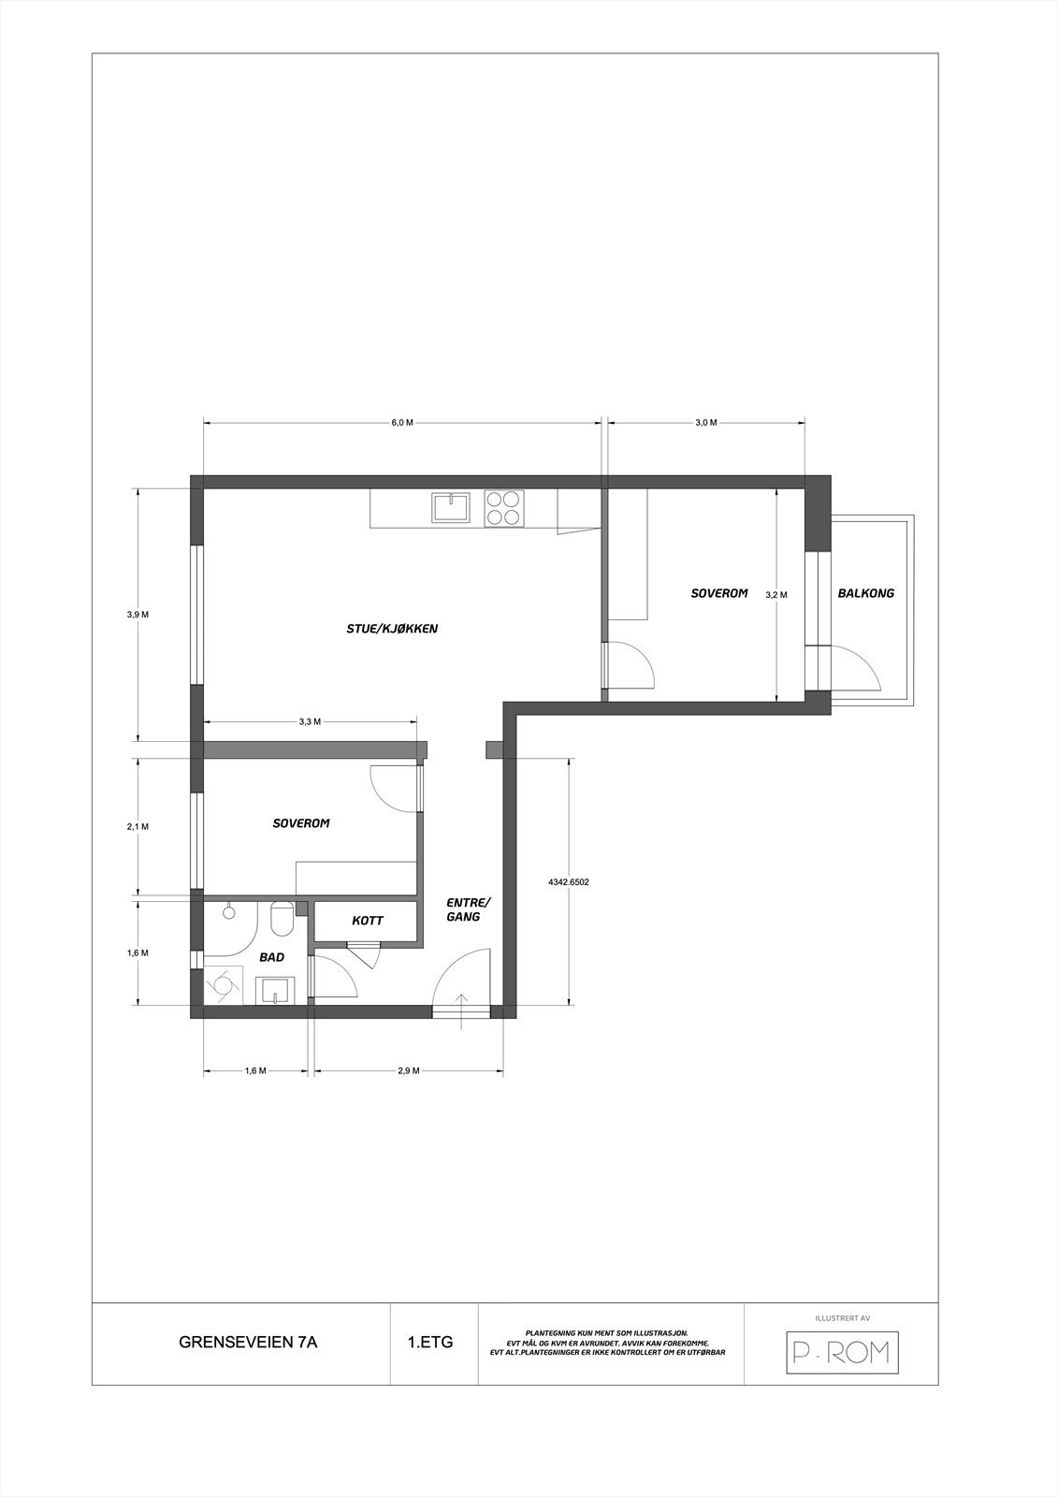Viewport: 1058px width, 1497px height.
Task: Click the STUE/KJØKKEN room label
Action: [392, 629]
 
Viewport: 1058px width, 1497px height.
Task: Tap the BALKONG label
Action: [865, 593]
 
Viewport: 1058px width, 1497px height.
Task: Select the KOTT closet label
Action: [367, 921]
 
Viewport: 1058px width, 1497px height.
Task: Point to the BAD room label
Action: [271, 957]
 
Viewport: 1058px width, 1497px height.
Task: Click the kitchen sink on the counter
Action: [451, 508]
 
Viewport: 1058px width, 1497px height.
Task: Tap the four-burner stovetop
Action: [502, 508]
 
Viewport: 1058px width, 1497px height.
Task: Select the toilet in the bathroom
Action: [281, 921]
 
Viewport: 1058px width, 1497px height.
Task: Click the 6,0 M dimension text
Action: [401, 423]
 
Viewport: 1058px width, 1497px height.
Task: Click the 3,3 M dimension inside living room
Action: [310, 721]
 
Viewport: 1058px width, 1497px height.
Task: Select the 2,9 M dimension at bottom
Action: [409, 1071]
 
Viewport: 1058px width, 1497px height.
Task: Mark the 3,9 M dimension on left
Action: [138, 615]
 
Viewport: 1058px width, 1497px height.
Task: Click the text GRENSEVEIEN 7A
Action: [248, 1342]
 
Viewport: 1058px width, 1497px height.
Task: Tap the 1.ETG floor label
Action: [430, 1342]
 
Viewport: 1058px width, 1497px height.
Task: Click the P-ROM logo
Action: [841, 1352]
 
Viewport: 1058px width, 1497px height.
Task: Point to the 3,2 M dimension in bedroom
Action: [776, 594]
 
